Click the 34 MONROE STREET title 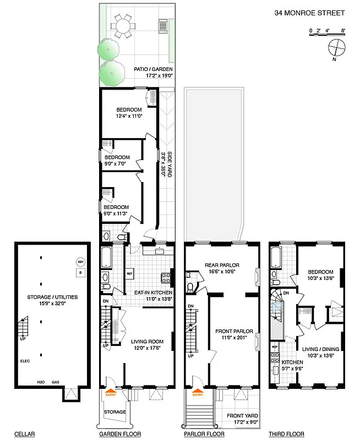(x=309, y=13)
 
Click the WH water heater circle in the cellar (x=80, y=262)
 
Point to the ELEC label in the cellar (x=25, y=361)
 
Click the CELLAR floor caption (x=24, y=434)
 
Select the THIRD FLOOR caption (x=285, y=434)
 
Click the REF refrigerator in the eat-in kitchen (x=130, y=273)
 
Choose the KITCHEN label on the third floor (x=292, y=363)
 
